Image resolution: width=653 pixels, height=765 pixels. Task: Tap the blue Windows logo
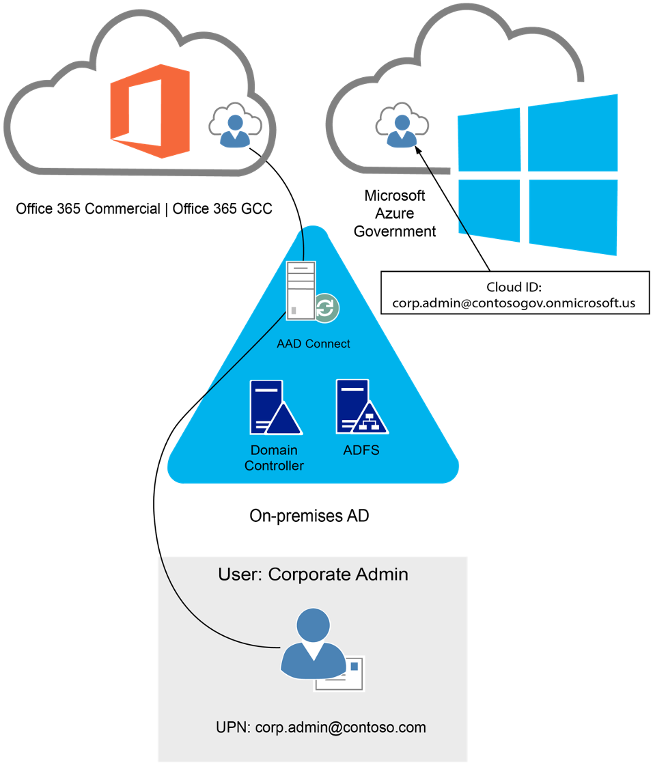[537, 174]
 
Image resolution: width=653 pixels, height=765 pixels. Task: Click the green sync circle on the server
[326, 307]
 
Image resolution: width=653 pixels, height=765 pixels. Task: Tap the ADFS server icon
[361, 407]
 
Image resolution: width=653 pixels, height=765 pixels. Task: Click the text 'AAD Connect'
[314, 344]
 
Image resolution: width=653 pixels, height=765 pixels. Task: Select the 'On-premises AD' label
[309, 516]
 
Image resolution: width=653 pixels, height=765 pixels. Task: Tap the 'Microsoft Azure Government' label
[395, 214]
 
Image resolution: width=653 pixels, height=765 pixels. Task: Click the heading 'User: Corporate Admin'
[313, 574]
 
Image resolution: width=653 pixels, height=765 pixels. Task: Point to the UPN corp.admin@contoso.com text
[320, 727]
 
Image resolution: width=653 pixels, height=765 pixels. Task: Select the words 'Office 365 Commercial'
[88, 209]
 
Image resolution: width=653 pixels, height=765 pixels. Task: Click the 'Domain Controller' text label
[274, 458]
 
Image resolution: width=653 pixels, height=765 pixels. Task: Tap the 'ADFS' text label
[361, 451]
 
